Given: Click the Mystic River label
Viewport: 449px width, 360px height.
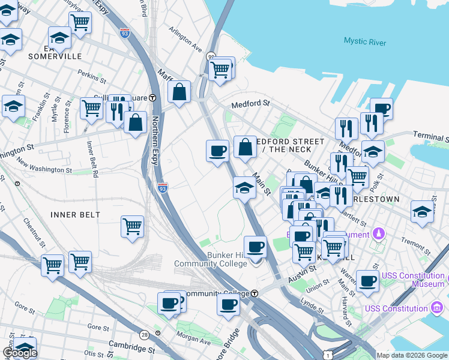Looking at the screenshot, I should coord(366,41).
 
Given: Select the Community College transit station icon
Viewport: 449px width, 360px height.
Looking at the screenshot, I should coord(255,293).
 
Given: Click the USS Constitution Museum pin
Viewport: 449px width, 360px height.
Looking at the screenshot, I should coord(439,280).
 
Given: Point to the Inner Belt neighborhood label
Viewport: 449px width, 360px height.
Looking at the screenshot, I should coord(75,214).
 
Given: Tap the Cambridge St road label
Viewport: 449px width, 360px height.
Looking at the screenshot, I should coord(131,346).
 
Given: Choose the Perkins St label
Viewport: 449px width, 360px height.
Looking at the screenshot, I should coord(91,76).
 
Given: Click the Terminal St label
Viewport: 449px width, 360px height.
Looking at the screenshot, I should coord(430,138).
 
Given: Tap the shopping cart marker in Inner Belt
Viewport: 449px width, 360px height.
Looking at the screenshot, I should coord(132,227).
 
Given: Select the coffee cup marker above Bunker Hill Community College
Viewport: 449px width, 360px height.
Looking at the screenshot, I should coord(256,247).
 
